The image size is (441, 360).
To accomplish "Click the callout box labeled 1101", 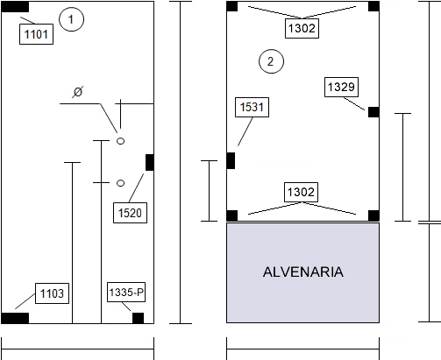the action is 36,34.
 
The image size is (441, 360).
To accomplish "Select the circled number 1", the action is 71,19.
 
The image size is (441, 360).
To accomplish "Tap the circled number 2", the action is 271,61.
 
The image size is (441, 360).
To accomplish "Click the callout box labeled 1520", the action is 130,213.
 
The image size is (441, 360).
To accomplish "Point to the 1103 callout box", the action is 52,293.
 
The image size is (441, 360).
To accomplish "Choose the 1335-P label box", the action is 126,292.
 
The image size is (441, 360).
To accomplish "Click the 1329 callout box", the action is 341,87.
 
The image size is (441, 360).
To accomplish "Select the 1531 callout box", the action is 252,107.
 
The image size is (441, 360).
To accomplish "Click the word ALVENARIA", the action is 303,272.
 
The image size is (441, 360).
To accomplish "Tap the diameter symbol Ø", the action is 78,92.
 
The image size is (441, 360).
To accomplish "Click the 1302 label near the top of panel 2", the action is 302,28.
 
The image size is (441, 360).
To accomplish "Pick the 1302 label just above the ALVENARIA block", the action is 301,192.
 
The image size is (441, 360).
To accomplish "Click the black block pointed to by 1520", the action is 150,162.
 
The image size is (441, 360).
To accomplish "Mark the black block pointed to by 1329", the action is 373,112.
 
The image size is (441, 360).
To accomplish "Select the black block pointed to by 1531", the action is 231,160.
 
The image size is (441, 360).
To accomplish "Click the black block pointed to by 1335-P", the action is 139,318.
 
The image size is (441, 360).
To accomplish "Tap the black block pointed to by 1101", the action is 15,7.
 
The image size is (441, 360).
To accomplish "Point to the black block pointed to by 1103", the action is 15,318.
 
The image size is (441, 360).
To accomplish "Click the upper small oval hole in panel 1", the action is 120,141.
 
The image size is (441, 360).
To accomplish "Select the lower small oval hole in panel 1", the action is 120,183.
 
